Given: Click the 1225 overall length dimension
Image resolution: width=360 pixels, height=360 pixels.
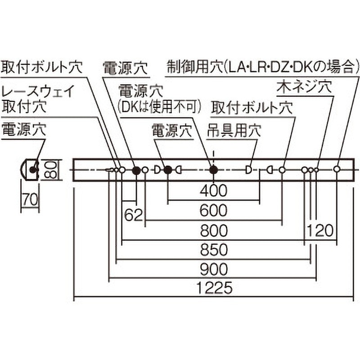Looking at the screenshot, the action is point(215,288).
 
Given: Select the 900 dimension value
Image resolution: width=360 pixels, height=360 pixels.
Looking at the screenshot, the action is point(214,270).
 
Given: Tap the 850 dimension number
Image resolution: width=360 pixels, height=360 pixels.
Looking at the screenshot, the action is point(214,250).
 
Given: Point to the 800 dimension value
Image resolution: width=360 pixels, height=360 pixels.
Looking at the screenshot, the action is point(214,230).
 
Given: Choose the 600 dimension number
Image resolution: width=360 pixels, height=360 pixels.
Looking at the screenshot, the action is point(213,210).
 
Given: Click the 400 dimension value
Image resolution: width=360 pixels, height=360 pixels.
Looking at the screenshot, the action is point(213,190).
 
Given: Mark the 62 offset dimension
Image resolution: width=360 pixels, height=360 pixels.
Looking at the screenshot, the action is point(134,216).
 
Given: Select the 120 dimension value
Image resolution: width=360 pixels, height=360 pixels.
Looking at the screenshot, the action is point(320,230).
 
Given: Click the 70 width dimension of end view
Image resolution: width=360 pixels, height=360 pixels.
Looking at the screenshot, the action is point(30,199).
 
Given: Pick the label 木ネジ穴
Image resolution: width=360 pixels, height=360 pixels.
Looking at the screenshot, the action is point(305,86).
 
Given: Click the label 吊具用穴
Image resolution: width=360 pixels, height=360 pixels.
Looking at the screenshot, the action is point(234,130).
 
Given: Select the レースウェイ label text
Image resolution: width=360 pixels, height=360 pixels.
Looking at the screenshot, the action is point(38,91).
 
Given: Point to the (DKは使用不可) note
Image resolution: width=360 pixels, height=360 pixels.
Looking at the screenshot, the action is point(159,107).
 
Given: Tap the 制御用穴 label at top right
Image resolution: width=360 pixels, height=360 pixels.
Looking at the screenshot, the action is point(195,67).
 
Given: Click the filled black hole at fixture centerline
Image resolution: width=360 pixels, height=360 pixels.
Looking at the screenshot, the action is point(214,170).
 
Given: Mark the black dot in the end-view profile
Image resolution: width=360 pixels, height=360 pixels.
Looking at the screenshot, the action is point(32,170).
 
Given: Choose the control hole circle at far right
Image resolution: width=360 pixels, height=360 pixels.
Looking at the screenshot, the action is point(337,169).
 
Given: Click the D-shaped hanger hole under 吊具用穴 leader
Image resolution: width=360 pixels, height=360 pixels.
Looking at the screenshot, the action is point(248,170).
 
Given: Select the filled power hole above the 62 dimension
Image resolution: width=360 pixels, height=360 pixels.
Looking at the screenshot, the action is point(137,170).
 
